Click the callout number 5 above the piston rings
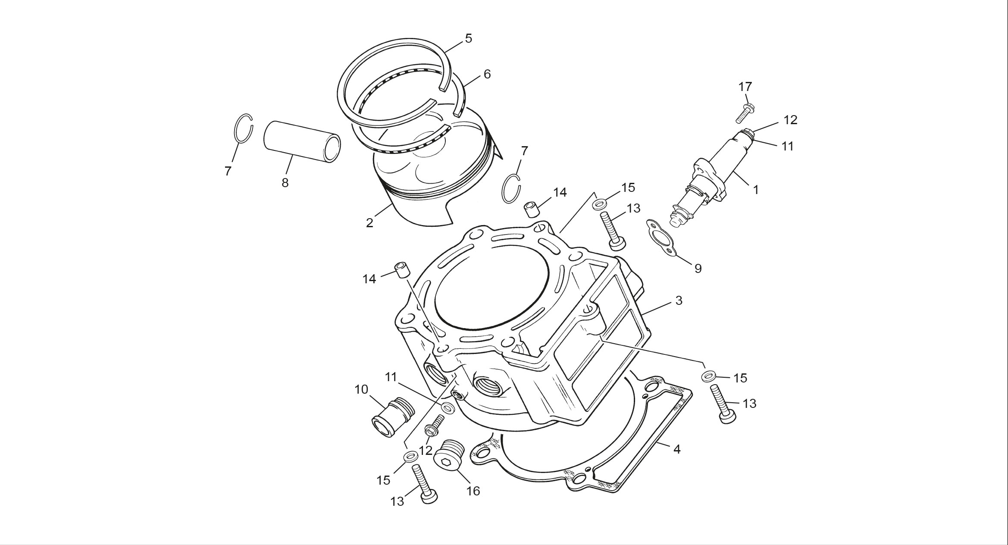click(x=468, y=39)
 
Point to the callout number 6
click(x=487, y=75)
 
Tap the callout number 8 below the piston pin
click(x=285, y=183)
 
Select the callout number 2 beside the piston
click(x=369, y=223)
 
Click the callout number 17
click(x=745, y=87)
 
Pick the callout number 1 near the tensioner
click(x=755, y=190)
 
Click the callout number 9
click(x=698, y=269)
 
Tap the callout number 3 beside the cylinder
click(x=679, y=301)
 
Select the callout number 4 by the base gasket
click(x=676, y=449)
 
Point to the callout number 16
click(x=473, y=491)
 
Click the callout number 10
click(x=361, y=390)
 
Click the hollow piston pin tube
click(x=302, y=141)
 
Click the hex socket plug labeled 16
click(x=448, y=459)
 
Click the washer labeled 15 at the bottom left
click(x=410, y=456)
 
